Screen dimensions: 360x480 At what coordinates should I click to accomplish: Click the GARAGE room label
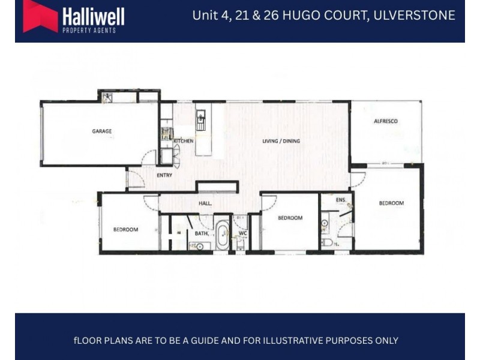(x=102, y=131)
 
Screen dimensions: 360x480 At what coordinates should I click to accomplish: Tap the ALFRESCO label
(x=386, y=121)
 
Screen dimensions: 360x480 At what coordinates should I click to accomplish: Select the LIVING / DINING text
(x=281, y=142)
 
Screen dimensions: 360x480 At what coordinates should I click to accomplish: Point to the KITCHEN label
(x=184, y=141)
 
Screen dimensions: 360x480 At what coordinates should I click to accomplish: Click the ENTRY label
(x=164, y=175)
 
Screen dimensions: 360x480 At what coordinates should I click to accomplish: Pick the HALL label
(x=206, y=204)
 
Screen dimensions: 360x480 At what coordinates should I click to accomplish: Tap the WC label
(x=243, y=233)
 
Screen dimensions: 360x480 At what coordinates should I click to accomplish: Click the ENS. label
(x=341, y=200)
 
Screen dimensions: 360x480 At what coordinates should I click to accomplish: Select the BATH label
(x=201, y=233)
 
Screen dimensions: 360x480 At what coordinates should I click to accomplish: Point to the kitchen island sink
(x=202, y=115)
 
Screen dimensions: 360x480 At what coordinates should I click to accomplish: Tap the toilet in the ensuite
(x=328, y=242)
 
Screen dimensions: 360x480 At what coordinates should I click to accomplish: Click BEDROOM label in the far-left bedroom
(x=126, y=229)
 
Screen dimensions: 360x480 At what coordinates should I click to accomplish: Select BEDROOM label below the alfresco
(x=391, y=203)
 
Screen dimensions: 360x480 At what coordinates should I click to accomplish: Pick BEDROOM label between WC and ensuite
(x=290, y=218)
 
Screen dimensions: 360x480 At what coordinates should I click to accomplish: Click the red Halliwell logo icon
(x=40, y=16)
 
